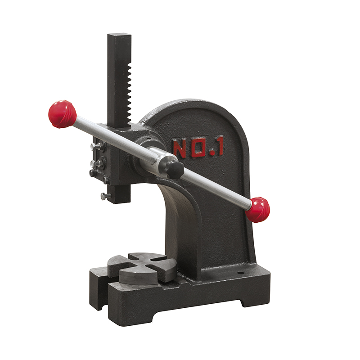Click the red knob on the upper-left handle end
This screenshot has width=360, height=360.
click(x=62, y=114)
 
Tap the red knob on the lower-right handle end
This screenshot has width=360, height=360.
click(x=257, y=210)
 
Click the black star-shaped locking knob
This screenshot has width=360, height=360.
click(x=175, y=170)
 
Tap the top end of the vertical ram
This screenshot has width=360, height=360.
click(x=119, y=36)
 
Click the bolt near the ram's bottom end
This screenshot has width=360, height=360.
click(x=105, y=196)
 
